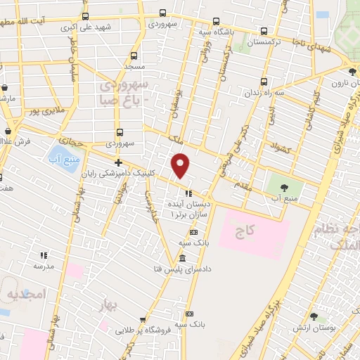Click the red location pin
181,165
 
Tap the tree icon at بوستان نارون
352,71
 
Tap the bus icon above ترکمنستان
264,31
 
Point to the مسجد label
134,65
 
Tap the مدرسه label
44,266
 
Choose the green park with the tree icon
284,188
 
